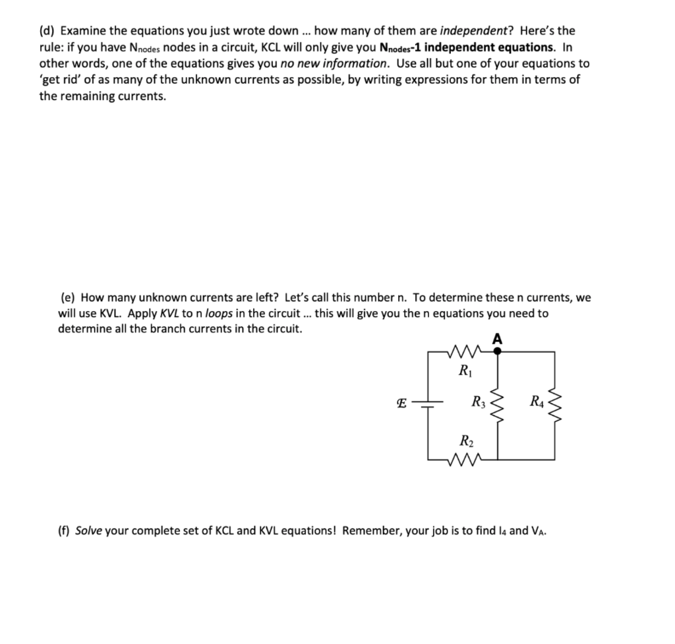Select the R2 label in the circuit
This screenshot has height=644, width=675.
click(x=464, y=442)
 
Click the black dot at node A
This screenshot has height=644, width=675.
click(x=497, y=352)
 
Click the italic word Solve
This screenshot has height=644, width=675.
click(x=90, y=531)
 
